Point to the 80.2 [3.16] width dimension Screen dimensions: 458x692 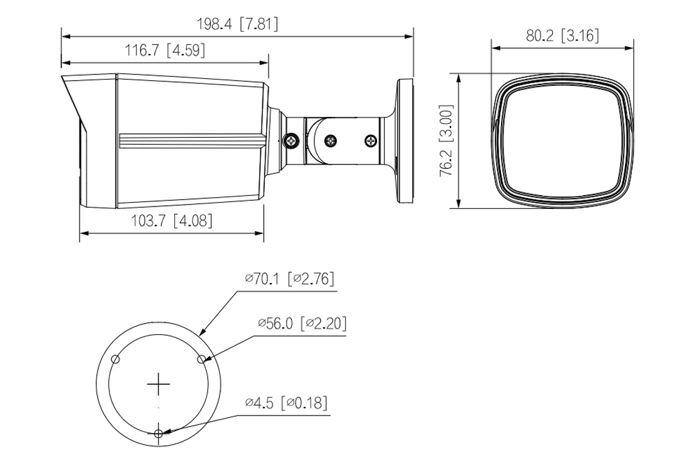562,35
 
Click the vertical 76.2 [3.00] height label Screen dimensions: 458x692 446,141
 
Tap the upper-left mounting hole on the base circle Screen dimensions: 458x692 115,359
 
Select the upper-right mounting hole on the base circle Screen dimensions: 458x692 202,359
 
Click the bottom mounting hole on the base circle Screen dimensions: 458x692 159,433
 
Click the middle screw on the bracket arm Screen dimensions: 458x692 331,141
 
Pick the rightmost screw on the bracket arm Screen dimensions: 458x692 372,141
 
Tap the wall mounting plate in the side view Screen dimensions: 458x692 406,140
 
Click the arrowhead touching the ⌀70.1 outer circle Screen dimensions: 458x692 202,333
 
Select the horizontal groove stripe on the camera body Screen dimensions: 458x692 191,141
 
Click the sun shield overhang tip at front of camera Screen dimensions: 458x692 63,79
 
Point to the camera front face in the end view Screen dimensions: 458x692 562,141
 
